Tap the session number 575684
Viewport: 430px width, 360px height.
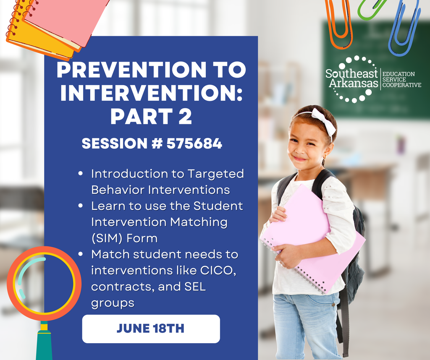(x=194, y=144)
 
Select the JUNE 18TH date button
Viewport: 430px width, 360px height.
(x=150, y=329)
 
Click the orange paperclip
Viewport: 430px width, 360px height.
(x=339, y=25)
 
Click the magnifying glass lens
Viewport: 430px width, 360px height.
(x=44, y=284)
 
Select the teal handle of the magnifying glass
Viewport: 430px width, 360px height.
(x=44, y=344)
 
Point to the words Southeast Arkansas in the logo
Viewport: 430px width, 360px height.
(x=352, y=78)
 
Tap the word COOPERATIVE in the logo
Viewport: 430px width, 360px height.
(x=401, y=85)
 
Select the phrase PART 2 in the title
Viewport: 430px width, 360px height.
(x=151, y=117)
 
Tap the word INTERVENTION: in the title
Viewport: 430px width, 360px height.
(x=151, y=94)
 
